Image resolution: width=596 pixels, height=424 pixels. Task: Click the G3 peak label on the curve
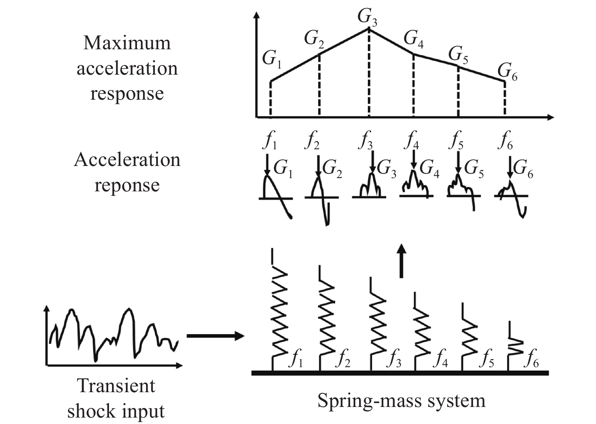coord(367,17)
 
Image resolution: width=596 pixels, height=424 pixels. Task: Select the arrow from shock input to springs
coord(214,336)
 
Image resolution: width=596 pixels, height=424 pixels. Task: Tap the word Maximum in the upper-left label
coord(127,43)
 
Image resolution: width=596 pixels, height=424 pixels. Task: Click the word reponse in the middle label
coord(127,185)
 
